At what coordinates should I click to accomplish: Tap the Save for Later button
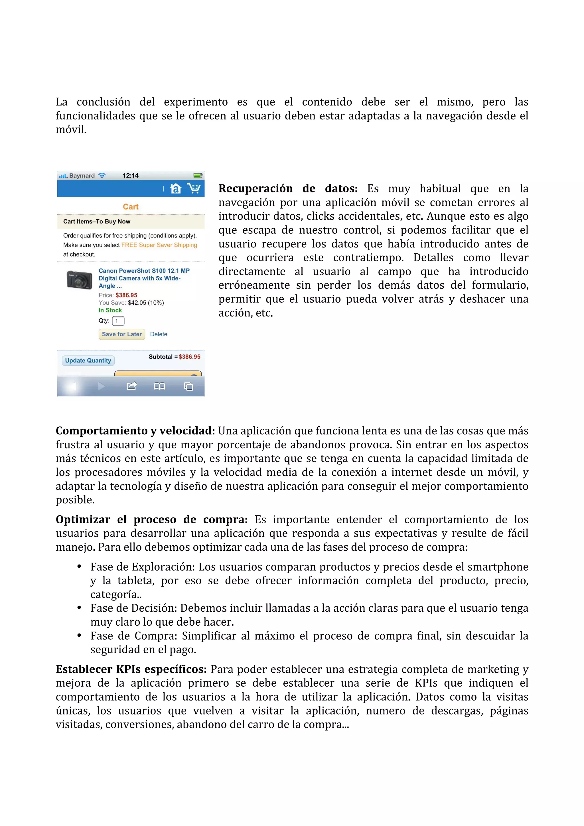pyautogui.click(x=122, y=334)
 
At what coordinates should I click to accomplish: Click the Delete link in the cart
pyautogui.click(x=158, y=334)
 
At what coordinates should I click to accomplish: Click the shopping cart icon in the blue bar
pyautogui.click(x=194, y=188)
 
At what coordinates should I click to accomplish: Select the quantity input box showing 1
pyautogui.click(x=118, y=321)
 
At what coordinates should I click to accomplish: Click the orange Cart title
pyautogui.click(x=131, y=207)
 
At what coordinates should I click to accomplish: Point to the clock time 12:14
pyautogui.click(x=130, y=176)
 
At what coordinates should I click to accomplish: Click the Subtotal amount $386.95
pyautogui.click(x=189, y=357)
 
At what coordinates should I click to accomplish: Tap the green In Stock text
pyautogui.click(x=110, y=310)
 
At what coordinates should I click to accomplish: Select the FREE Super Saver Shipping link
pyautogui.click(x=159, y=245)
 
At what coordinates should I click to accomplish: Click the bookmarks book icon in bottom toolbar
pyautogui.click(x=159, y=386)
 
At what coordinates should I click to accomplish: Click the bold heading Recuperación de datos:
pyautogui.click(x=288, y=188)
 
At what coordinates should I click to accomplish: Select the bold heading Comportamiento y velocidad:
pyautogui.click(x=135, y=431)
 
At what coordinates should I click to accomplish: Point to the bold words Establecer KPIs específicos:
pyautogui.click(x=131, y=669)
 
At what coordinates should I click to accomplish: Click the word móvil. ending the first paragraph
pyautogui.click(x=71, y=129)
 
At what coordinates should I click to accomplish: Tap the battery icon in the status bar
pyautogui.click(x=198, y=176)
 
